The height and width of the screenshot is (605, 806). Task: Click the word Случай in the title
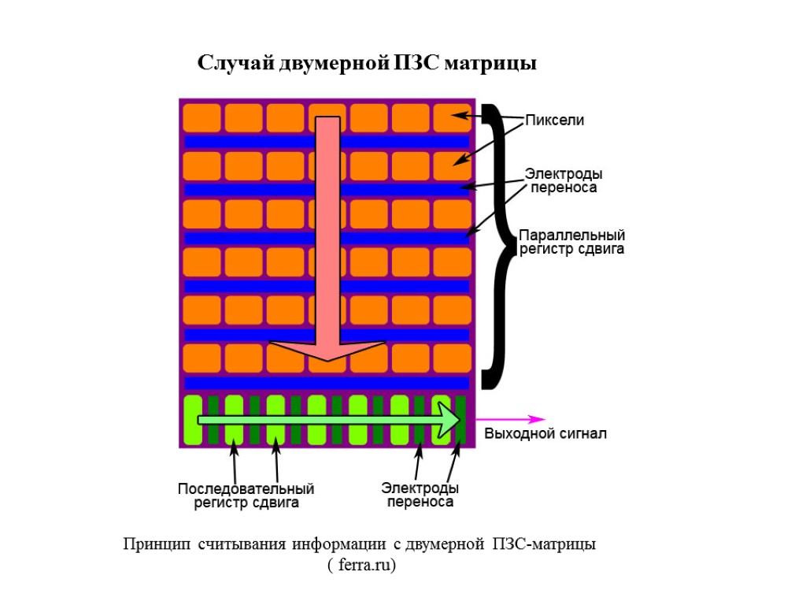point(235,63)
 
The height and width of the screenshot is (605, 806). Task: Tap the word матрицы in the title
point(490,63)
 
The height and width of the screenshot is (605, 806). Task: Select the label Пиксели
point(555,121)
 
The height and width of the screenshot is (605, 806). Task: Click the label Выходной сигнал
point(545,434)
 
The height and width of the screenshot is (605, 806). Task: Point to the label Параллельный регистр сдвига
point(572,243)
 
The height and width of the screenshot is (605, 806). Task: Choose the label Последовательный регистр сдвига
point(246,496)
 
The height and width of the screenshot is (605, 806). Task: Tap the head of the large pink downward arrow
point(327,351)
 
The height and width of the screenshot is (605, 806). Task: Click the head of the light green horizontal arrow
point(448,419)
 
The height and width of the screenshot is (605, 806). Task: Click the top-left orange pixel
point(201,118)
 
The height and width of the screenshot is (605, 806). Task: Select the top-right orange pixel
point(452,118)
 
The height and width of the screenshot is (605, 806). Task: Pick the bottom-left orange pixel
point(201,358)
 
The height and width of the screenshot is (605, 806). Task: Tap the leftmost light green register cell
point(192,419)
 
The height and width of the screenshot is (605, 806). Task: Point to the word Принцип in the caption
point(156,544)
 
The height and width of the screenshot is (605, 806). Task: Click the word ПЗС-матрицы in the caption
point(544,544)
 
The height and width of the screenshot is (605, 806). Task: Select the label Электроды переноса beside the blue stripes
point(564,180)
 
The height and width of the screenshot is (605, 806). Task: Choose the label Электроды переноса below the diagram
point(420,496)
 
